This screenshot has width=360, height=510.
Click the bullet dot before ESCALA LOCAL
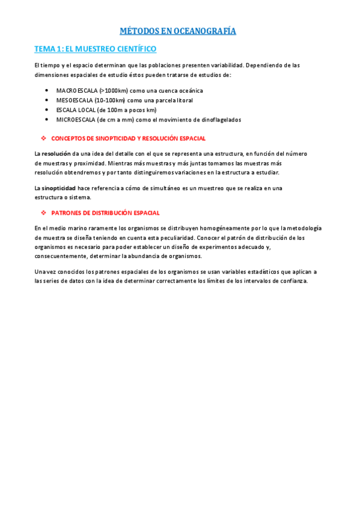click(x=47, y=110)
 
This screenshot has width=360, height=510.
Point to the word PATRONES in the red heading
click(x=65, y=213)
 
